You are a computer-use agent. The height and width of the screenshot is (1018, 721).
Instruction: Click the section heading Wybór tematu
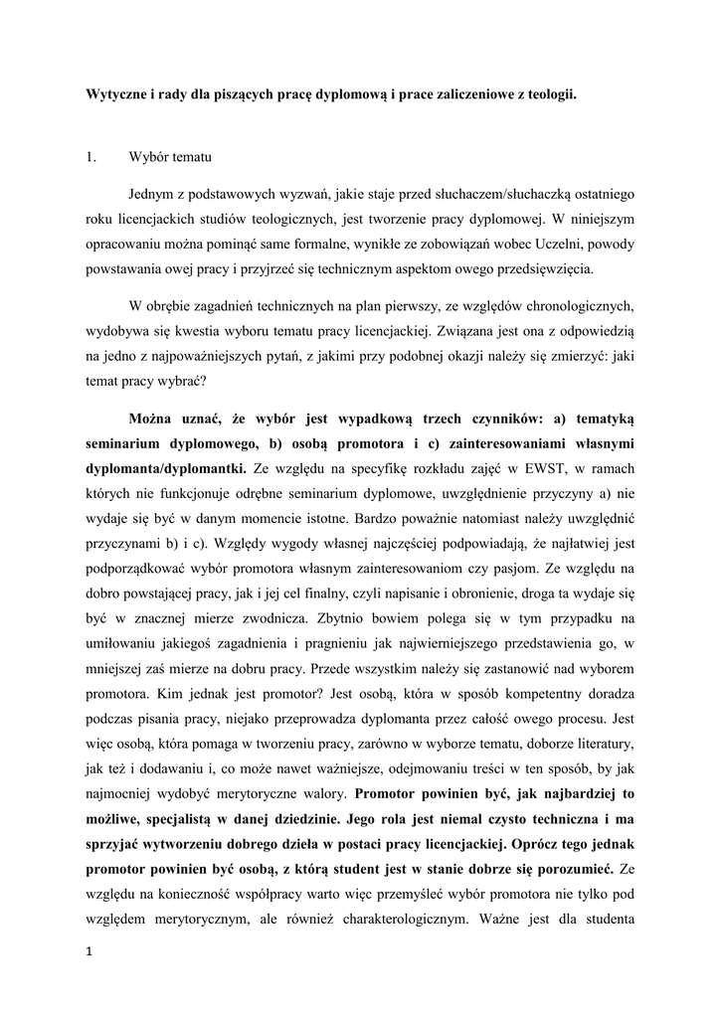click(x=171, y=155)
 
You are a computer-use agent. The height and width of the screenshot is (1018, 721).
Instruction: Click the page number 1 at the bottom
click(x=90, y=953)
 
